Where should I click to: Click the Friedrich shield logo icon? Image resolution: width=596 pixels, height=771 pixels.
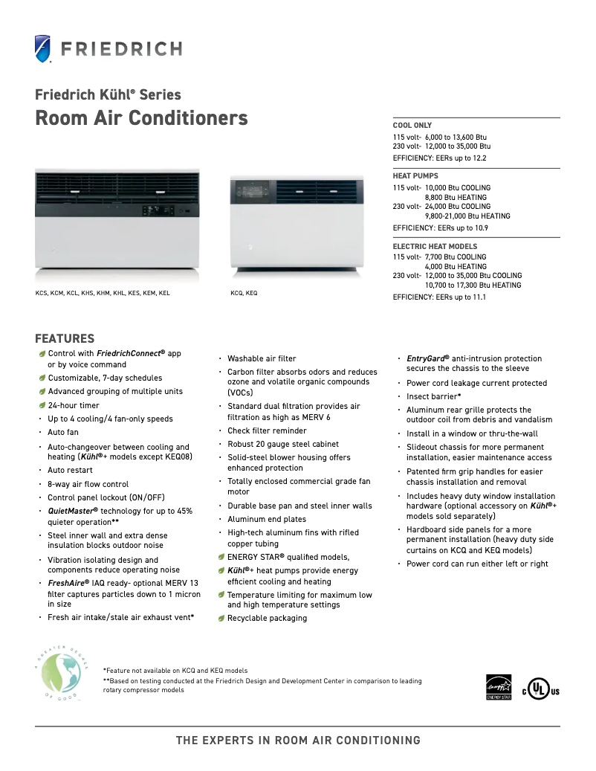click(44, 49)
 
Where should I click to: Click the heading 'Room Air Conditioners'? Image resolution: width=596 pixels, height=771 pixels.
click(141, 118)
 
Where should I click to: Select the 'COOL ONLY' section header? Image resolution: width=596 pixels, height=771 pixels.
click(412, 126)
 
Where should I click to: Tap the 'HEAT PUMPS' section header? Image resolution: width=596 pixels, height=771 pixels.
click(415, 176)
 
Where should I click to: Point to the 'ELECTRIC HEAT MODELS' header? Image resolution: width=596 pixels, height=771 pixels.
click(435, 246)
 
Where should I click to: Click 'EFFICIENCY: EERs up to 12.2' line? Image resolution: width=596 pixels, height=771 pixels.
click(439, 158)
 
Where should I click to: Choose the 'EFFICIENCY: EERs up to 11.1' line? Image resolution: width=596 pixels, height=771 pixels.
click(439, 297)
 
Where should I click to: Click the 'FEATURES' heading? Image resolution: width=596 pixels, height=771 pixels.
click(65, 338)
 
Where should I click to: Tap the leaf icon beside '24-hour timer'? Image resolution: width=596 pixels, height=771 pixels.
click(42, 405)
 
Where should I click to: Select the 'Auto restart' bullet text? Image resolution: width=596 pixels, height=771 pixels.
click(71, 471)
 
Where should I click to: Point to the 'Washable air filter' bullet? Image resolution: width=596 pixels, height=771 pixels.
click(262, 358)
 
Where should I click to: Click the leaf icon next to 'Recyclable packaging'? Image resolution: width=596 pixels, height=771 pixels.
click(221, 619)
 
